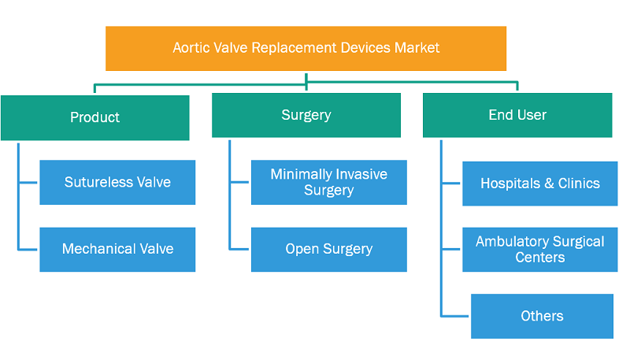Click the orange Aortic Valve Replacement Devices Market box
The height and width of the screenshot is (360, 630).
coord(306,49)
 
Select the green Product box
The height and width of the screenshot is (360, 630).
coord(94,117)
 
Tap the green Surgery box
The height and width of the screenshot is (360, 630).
coord(306,115)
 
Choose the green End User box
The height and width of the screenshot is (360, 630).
coord(517,115)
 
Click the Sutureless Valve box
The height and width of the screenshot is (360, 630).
coord(117,183)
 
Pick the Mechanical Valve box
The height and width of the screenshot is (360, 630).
coord(117,250)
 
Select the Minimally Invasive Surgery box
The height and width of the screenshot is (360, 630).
coord(329,183)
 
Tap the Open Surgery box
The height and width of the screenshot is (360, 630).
coord(329,250)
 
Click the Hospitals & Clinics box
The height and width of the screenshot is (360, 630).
coord(540,184)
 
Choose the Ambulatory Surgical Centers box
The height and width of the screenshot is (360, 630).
coord(540,250)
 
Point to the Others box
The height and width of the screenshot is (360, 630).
coord(542,316)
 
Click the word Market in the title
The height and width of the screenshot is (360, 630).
coord(417,48)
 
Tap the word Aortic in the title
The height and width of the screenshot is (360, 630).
coord(191,48)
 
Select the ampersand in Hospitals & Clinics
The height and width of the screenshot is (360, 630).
coord(549,184)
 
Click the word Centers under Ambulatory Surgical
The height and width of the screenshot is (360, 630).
coord(540,257)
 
